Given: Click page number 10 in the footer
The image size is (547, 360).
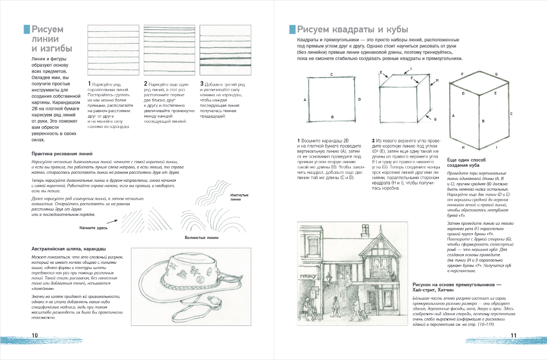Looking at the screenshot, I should [34, 335].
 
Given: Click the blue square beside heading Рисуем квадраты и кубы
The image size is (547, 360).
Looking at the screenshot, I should [292, 29].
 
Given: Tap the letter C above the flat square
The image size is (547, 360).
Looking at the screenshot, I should [332, 74].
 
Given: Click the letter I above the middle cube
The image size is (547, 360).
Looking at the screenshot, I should [411, 68].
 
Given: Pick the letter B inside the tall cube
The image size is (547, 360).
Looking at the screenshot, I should [483, 121].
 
